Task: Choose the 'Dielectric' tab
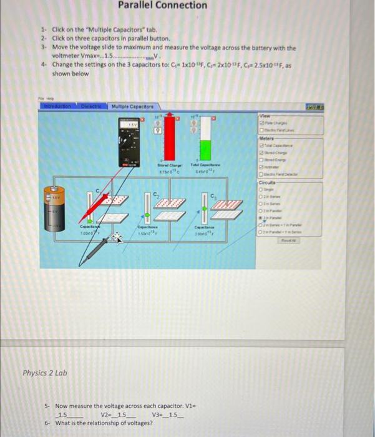coord(92,107)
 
